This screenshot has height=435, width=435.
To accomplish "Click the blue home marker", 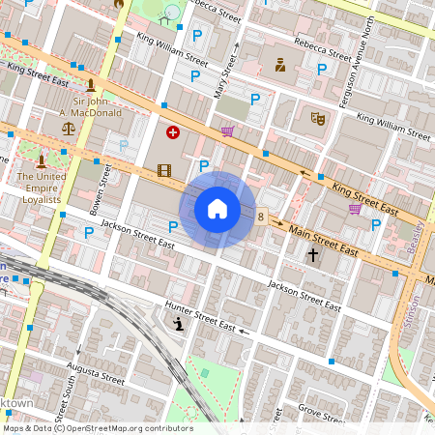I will (x=217, y=209).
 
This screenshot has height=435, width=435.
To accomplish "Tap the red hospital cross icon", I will (x=173, y=132).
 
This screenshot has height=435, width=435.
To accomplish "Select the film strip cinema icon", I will (x=163, y=170).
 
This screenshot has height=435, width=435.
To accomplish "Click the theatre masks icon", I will (x=316, y=119).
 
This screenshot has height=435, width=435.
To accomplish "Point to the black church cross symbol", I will (x=312, y=255).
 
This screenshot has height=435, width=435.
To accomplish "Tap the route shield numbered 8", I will (x=261, y=217).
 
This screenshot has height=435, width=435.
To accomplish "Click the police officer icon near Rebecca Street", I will (x=280, y=66).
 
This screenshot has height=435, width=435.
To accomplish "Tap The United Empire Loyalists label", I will (x=40, y=188).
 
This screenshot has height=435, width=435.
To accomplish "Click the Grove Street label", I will (x=321, y=415).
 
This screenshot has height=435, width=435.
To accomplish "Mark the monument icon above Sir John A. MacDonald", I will (x=90, y=86).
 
